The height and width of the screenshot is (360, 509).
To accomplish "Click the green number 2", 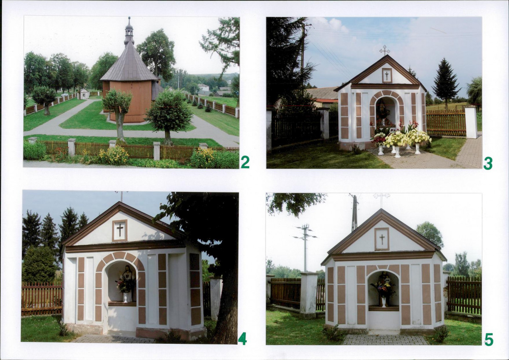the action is (245, 162).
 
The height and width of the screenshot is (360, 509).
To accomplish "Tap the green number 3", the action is (488, 163).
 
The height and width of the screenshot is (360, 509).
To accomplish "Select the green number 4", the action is (242, 339).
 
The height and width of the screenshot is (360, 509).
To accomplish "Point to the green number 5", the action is (489, 340).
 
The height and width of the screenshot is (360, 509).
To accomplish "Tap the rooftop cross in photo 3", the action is (385, 50).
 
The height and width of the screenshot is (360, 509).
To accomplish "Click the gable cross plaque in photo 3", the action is (387, 76).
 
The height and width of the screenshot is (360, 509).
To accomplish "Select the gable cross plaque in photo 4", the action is (120, 230).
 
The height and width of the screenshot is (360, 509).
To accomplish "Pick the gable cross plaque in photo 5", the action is (382, 239).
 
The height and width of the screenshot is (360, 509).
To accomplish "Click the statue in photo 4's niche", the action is (127, 280).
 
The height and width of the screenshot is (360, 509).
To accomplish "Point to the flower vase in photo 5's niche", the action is (383, 301).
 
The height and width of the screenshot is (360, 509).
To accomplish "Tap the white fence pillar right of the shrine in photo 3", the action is (471, 122).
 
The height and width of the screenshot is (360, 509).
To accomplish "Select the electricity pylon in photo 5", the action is (305, 248).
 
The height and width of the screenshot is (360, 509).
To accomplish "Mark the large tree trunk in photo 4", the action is (226, 302).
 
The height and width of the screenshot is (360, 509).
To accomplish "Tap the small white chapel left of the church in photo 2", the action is (84, 94).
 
